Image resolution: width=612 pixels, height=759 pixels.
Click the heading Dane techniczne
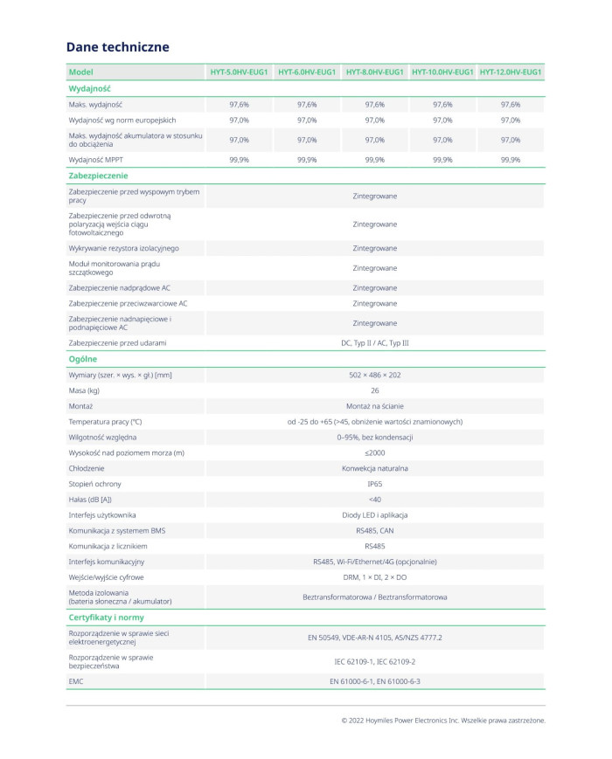[x=117, y=47]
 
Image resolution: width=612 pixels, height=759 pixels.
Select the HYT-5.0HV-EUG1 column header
[x=240, y=72]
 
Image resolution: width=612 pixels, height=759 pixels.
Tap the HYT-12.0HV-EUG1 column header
[x=511, y=72]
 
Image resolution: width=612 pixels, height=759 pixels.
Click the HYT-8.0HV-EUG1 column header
[x=375, y=72]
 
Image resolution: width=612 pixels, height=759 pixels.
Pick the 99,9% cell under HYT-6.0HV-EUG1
[x=307, y=160]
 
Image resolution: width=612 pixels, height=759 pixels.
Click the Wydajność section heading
[x=89, y=88]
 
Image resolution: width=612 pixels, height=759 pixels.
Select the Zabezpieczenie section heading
[x=98, y=176]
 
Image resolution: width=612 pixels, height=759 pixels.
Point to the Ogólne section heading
[x=83, y=359]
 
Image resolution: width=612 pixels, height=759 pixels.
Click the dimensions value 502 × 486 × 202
[x=375, y=375]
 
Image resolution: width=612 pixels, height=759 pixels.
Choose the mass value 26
[x=375, y=390]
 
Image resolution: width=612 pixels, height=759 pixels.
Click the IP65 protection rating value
[x=375, y=484]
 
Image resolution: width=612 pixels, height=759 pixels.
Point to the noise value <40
[x=375, y=500]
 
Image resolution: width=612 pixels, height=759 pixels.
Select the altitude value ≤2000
[x=375, y=452]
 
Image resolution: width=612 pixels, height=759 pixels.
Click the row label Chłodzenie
[x=87, y=468]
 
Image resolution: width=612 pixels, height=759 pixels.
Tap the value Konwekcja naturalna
[x=375, y=468]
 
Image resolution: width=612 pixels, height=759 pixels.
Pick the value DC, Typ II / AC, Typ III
[x=375, y=343]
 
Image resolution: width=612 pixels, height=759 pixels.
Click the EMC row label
[x=76, y=680]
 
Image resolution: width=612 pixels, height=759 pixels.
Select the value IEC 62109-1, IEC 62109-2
[x=375, y=661]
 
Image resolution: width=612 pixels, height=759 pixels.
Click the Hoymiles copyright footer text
[x=443, y=721]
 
